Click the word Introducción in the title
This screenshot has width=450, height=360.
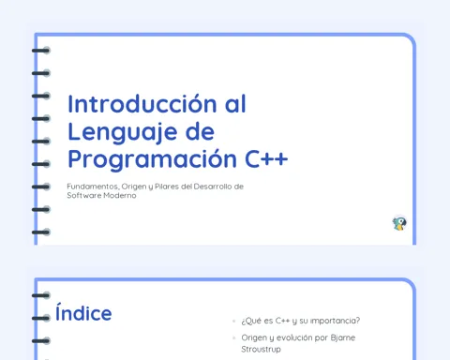coord(142,104)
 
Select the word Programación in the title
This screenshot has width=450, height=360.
coord(152,160)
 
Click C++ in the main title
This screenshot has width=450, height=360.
coord(266,159)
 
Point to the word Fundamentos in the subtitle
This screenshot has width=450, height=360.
coord(93,187)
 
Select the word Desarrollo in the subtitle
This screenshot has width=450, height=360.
coord(213,187)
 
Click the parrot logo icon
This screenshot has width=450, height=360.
coord(399,223)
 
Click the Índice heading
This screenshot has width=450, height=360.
coord(83,312)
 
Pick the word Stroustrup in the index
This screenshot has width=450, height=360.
coord(261,349)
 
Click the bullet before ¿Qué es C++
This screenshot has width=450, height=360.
coord(233,321)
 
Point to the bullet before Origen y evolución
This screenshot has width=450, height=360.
coord(233,337)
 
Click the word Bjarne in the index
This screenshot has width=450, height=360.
coord(343,338)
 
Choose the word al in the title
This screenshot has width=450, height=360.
coord(235,104)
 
